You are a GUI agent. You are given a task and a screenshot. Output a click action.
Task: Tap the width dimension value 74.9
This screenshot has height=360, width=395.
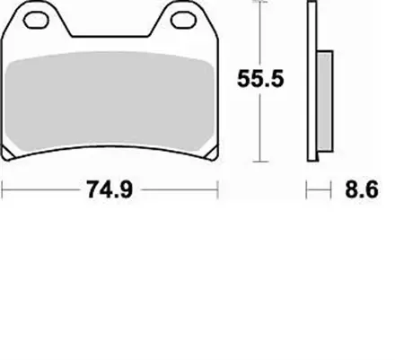click(111, 189)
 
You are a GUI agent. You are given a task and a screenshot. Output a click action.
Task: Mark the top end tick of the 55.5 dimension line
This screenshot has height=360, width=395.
click(259, 4)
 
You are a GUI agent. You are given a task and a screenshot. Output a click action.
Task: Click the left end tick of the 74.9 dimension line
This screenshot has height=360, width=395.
click(4, 189)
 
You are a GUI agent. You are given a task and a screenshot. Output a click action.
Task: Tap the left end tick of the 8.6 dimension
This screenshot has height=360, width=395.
click(307, 189)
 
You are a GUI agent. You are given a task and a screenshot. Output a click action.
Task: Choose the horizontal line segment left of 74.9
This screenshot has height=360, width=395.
click(40, 189)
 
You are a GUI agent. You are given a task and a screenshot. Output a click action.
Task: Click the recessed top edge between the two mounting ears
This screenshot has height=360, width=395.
click(112, 38)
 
